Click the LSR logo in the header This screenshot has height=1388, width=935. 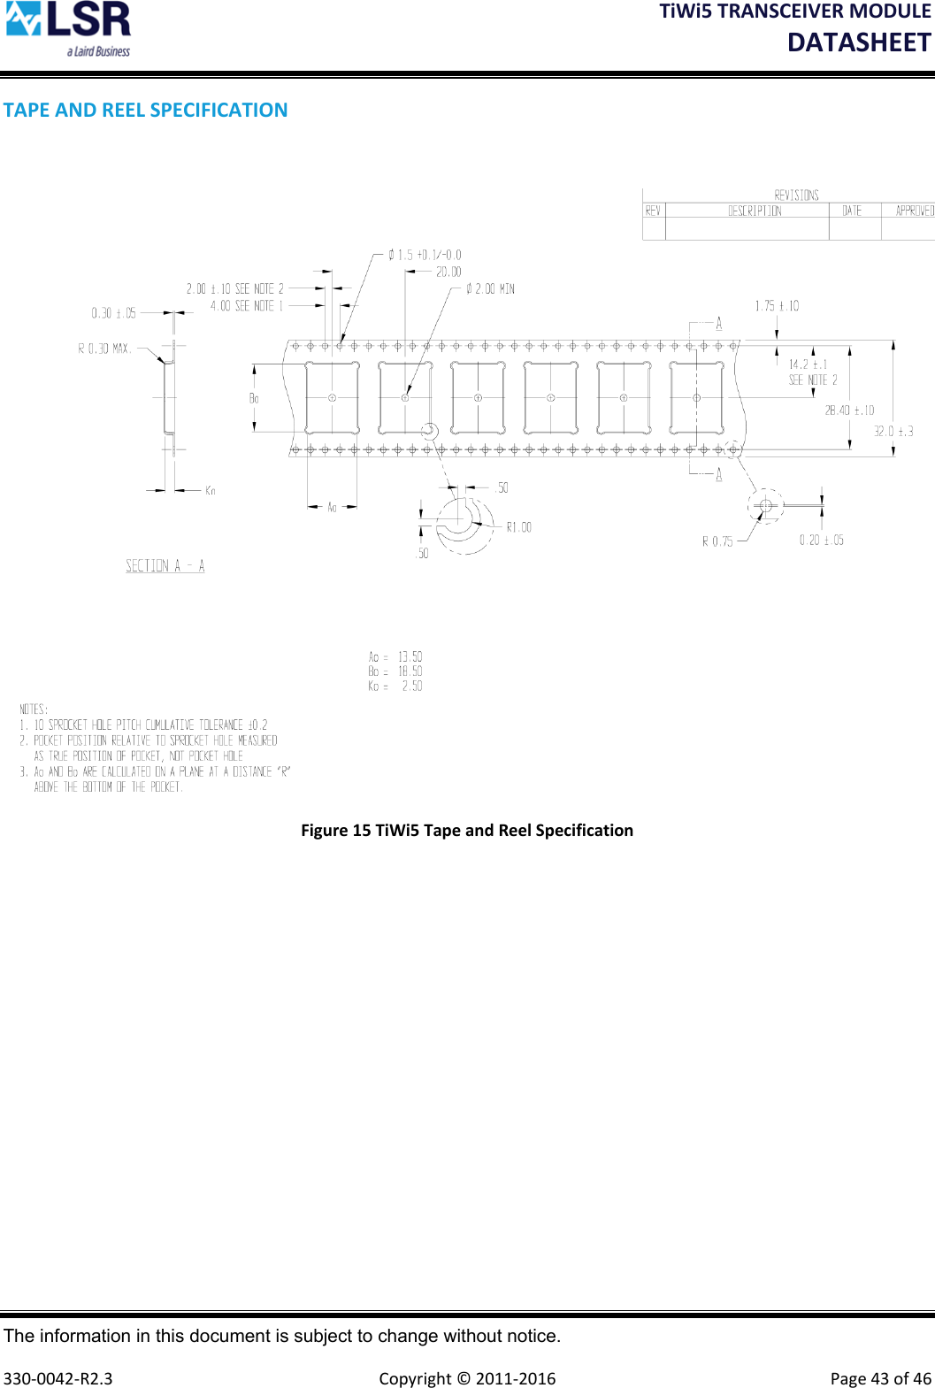[68, 29]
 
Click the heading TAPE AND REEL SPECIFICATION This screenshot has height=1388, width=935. [145, 110]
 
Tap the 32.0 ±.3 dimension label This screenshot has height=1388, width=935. [893, 432]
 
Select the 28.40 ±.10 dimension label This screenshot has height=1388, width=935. [849, 410]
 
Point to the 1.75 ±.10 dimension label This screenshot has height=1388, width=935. [777, 306]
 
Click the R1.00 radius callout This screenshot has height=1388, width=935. [518, 527]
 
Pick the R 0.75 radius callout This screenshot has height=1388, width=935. [717, 541]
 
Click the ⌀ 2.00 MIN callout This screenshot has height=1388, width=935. [490, 289]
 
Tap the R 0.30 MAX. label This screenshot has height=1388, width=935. [104, 349]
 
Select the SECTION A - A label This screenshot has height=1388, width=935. [165, 566]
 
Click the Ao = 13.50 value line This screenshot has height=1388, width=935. [395, 656]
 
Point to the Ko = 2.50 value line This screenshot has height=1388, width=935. [395, 686]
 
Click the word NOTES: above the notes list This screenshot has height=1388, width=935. [34, 709]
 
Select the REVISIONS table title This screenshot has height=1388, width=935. [796, 195]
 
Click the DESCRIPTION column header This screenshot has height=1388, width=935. [755, 211]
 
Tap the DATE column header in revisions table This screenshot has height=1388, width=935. [852, 211]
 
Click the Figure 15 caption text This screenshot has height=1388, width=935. [467, 830]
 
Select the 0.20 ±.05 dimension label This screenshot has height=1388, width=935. [822, 540]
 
